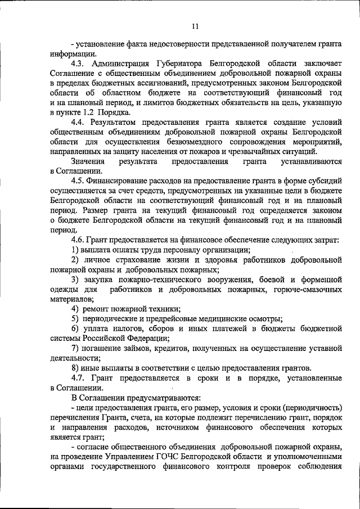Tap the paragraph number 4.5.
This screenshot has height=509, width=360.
point(79,183)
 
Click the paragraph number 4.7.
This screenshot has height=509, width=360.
point(79,381)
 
